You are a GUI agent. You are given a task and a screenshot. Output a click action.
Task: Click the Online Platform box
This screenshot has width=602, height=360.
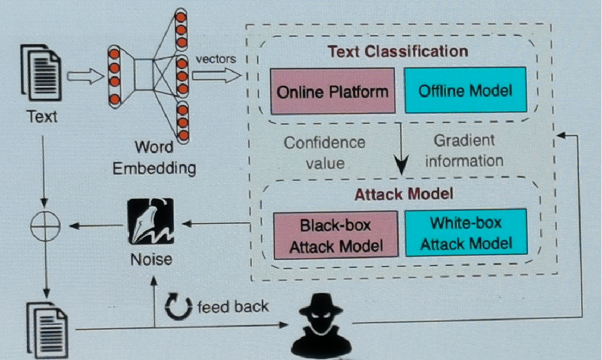pyautogui.click(x=332, y=91)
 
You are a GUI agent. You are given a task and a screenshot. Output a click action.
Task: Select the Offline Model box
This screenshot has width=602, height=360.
pyautogui.click(x=466, y=90)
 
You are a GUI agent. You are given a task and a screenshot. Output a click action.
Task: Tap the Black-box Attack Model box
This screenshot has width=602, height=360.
pyautogui.click(x=336, y=235)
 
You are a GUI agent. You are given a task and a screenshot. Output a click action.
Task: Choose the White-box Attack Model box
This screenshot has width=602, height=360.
pyautogui.click(x=466, y=232)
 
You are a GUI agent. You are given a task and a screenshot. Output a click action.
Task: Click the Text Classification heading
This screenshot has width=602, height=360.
pyautogui.click(x=398, y=51)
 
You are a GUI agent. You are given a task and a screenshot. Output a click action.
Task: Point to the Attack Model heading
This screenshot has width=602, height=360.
pyautogui.click(x=404, y=194)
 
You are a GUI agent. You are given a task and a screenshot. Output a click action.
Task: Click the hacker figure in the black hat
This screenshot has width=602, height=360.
pyautogui.click(x=321, y=326)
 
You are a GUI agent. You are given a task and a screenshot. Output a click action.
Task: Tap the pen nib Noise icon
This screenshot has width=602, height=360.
pyautogui.click(x=151, y=221)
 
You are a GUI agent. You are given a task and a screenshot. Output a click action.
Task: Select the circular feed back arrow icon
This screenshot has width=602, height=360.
pyautogui.click(x=178, y=306)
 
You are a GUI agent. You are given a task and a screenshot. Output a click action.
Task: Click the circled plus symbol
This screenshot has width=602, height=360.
pyautogui.click(x=45, y=226)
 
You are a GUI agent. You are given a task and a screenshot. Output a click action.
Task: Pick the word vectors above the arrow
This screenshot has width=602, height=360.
pyautogui.click(x=216, y=59)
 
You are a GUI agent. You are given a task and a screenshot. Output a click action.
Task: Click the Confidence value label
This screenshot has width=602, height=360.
pyautogui.click(x=325, y=153)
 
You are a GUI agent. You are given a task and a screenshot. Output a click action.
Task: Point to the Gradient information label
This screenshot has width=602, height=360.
pyautogui.click(x=464, y=151)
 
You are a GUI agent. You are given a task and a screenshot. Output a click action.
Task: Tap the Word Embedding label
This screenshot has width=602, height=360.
pyautogui.click(x=154, y=158)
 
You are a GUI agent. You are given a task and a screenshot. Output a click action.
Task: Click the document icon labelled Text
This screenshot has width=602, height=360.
pyautogui.click(x=41, y=73)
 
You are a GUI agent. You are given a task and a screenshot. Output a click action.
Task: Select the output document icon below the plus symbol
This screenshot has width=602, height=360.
pyautogui.click(x=47, y=331)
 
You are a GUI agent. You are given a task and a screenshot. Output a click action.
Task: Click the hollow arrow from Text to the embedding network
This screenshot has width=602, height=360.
pyautogui.click(x=85, y=76)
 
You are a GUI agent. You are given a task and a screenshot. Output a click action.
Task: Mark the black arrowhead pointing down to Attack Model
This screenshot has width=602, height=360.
pyautogui.click(x=402, y=165)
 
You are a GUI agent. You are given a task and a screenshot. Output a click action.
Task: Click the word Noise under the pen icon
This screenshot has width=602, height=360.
pyautogui.click(x=151, y=260)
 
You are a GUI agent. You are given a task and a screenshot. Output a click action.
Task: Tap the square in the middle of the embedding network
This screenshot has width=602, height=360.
pyautogui.click(x=144, y=75)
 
